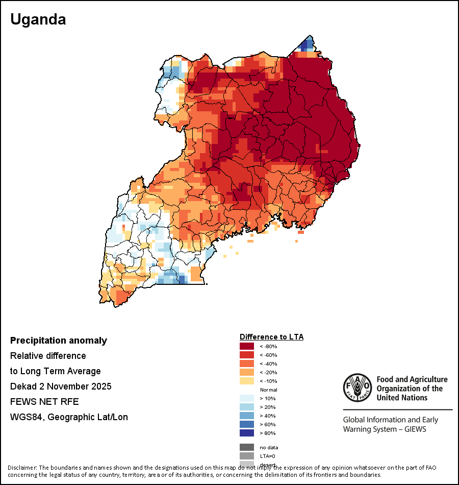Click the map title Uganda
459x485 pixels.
click(x=38, y=19)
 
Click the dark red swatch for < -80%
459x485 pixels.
click(x=247, y=346)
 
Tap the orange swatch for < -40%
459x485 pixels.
click(x=247, y=363)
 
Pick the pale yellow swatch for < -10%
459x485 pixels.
click(x=247, y=381)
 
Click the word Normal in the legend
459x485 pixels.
click(x=269, y=390)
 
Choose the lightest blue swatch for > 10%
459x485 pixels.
click(x=247, y=398)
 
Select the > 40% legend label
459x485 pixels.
click(x=268, y=416)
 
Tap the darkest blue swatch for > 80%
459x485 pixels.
click(x=247, y=433)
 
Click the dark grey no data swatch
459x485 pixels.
click(x=247, y=447)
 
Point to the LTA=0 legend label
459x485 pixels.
click(x=268, y=456)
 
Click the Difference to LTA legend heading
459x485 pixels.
click(x=271, y=337)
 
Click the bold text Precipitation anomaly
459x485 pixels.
click(x=59, y=341)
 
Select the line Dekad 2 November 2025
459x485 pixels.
click(x=61, y=386)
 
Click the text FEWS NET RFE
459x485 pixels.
click(x=44, y=401)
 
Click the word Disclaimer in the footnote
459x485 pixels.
click(x=22, y=468)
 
